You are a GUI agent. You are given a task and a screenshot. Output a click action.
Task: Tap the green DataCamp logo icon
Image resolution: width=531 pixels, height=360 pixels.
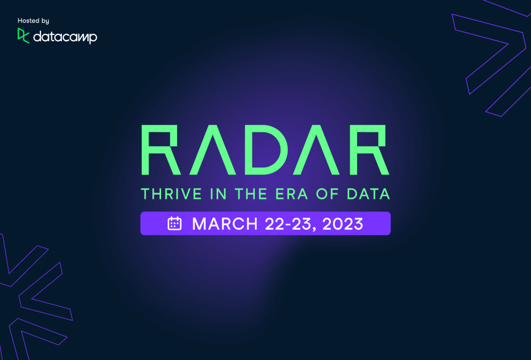23,36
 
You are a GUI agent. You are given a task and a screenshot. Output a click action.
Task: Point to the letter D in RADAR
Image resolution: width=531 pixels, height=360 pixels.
265,150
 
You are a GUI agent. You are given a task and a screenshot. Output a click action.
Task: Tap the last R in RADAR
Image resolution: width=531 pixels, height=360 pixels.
371,150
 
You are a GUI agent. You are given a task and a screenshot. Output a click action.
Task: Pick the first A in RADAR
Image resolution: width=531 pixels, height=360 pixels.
212,150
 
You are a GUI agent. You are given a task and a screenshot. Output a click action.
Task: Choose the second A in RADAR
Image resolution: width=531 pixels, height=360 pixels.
318,150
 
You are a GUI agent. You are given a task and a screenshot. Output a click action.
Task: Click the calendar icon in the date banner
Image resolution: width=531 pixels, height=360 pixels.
175,224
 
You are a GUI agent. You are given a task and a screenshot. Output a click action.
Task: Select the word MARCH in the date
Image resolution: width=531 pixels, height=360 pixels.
225,224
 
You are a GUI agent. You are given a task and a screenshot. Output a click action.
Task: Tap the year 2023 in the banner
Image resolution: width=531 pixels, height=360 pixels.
343,224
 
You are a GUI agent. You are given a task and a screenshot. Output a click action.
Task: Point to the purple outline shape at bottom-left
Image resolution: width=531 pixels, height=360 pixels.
35,292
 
